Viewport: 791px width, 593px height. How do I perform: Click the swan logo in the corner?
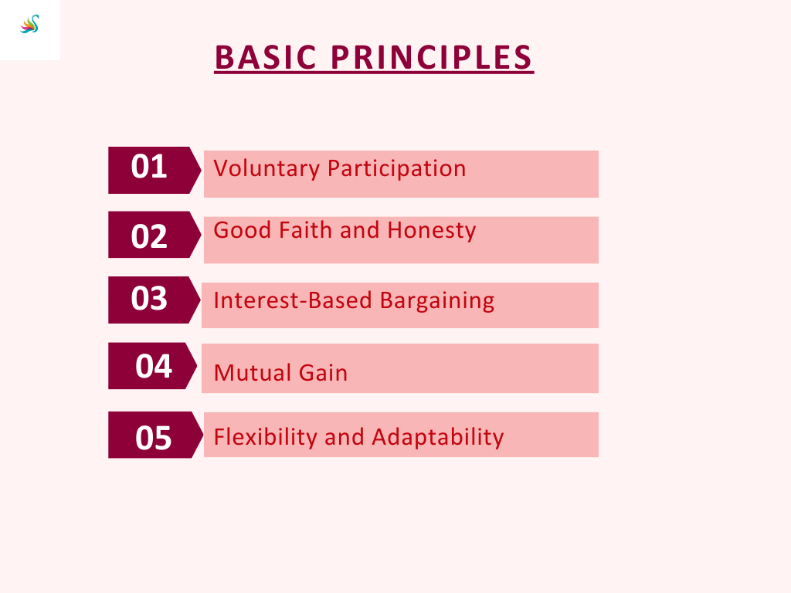[x=30, y=24]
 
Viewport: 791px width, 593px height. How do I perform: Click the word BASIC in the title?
[x=266, y=57]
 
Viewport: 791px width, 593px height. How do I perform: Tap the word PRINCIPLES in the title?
[x=432, y=57]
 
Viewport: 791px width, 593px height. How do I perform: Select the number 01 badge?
[x=154, y=171]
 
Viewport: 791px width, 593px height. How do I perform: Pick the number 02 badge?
[x=154, y=235]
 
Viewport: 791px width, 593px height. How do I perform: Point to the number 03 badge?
[x=154, y=300]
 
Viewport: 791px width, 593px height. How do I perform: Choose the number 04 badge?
[x=153, y=365]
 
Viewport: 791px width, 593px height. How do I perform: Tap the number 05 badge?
[x=156, y=435]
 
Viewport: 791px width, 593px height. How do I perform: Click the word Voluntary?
[x=266, y=169]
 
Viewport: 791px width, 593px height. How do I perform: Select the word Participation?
[x=396, y=169]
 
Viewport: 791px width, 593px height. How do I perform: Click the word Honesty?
[x=431, y=231]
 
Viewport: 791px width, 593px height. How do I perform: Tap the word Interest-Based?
[x=293, y=300]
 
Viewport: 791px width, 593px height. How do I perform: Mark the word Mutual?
[x=252, y=373]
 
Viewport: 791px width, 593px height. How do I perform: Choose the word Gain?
[x=323, y=373]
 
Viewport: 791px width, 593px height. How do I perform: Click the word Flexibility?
[x=265, y=437]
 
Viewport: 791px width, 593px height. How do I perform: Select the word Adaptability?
[x=438, y=437]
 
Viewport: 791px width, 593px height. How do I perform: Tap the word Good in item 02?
[x=243, y=230]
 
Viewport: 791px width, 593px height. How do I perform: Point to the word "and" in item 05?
[x=344, y=437]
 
